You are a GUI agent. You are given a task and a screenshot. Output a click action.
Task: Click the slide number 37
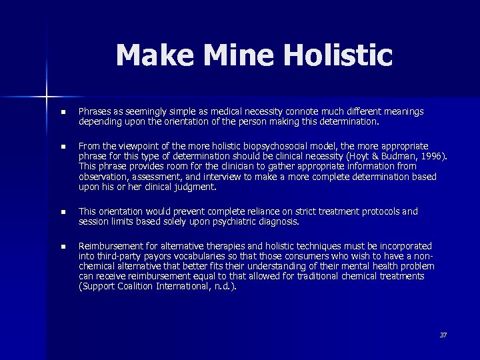point(443,335)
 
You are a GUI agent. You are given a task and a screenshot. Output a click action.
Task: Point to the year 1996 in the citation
point(432,157)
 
